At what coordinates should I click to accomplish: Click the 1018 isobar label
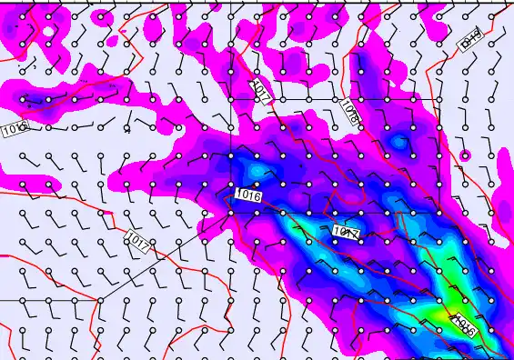pos(348,111)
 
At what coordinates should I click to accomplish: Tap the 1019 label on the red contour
pos(470,39)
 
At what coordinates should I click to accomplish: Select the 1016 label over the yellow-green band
pos(462,325)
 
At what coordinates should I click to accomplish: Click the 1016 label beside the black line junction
pos(247,195)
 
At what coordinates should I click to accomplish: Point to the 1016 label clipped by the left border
pos(13,130)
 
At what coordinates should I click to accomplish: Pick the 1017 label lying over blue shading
pos(348,233)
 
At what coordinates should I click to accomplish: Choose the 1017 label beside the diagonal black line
pos(139,241)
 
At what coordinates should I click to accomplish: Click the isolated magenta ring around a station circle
pos(466,155)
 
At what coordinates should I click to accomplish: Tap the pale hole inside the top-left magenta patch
pos(47,32)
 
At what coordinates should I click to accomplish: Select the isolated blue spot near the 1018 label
pos(398,142)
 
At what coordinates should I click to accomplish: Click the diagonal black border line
pos(164,255)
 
